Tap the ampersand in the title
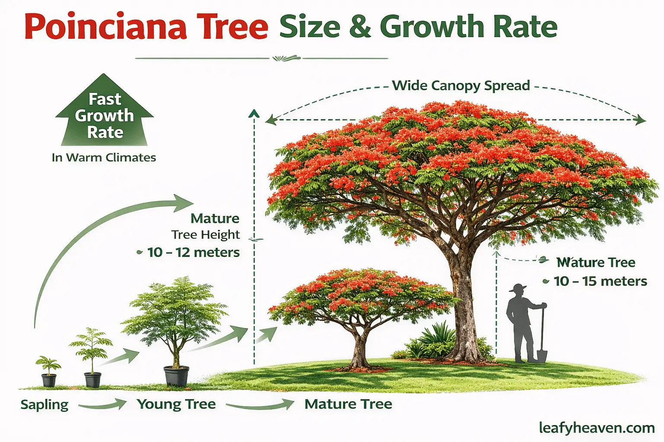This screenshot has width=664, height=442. point(360,27)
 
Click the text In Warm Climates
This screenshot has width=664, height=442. point(104,158)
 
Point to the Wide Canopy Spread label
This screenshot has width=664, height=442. point(461,85)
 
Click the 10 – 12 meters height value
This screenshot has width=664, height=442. point(193,252)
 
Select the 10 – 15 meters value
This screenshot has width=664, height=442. point(600,281)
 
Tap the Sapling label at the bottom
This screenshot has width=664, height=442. point(45,404)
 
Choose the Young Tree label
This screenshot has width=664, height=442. point(176,404)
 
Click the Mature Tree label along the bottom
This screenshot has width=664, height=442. point(348,404)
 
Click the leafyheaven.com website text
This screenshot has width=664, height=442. point(597,428)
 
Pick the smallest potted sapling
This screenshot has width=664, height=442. point(48,371)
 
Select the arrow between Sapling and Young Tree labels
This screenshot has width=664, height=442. point(102,405)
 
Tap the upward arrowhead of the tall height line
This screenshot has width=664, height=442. point(254,113)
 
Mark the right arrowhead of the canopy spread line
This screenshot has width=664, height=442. point(641,120)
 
